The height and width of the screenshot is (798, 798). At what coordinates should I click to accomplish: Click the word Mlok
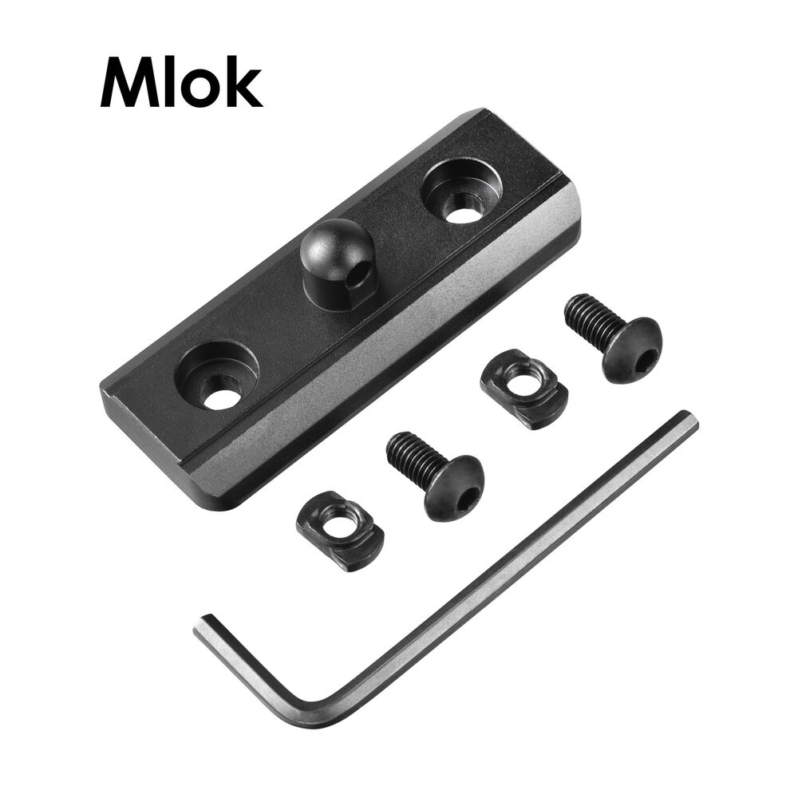[x=181, y=82]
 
